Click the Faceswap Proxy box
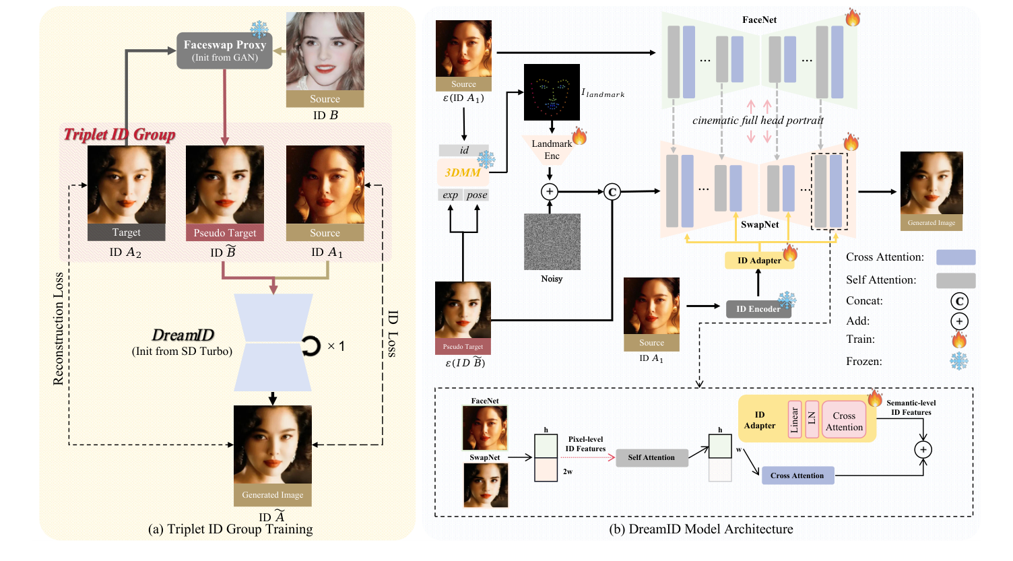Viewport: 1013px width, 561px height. pyautogui.click(x=224, y=51)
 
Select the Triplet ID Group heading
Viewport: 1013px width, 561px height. pyautogui.click(x=119, y=135)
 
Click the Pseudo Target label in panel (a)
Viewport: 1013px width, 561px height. pyautogui.click(x=225, y=233)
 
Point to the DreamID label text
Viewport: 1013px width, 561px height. pyautogui.click(x=183, y=335)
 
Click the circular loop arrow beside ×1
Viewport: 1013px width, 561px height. pyautogui.click(x=311, y=346)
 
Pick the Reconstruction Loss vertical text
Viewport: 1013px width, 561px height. pyautogui.click(x=59, y=329)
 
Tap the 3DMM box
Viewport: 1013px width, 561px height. pyautogui.click(x=463, y=172)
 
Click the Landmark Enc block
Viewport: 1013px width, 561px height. pyautogui.click(x=552, y=150)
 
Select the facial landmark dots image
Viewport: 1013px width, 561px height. pyautogui.click(x=552, y=92)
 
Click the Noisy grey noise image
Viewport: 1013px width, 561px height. pyautogui.click(x=552, y=242)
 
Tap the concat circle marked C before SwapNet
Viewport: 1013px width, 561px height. pyautogui.click(x=612, y=192)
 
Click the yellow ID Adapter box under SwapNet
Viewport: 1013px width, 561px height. pyautogui.click(x=759, y=261)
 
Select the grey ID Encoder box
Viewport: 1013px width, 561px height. pyautogui.click(x=758, y=309)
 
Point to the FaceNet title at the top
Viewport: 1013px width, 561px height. pyautogui.click(x=759, y=20)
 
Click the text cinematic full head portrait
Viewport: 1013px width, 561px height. pyautogui.click(x=758, y=121)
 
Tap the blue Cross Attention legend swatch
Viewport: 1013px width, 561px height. pyautogui.click(x=956, y=257)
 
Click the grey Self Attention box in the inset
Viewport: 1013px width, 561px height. pyautogui.click(x=651, y=458)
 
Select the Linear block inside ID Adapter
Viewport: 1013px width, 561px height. pyautogui.click(x=795, y=419)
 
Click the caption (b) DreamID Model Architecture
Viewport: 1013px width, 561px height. pyautogui.click(x=700, y=529)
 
